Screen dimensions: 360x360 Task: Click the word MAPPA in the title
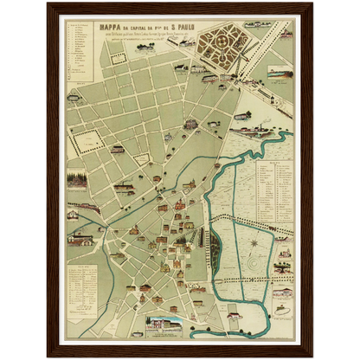pyautogui.click(x=114, y=24)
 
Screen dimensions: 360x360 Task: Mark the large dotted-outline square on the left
pyautogui.click(x=88, y=138)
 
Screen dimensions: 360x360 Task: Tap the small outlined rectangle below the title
pyautogui.click(x=118, y=59)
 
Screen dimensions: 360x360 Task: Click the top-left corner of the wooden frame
pyautogui.click(x=48, y=3)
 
